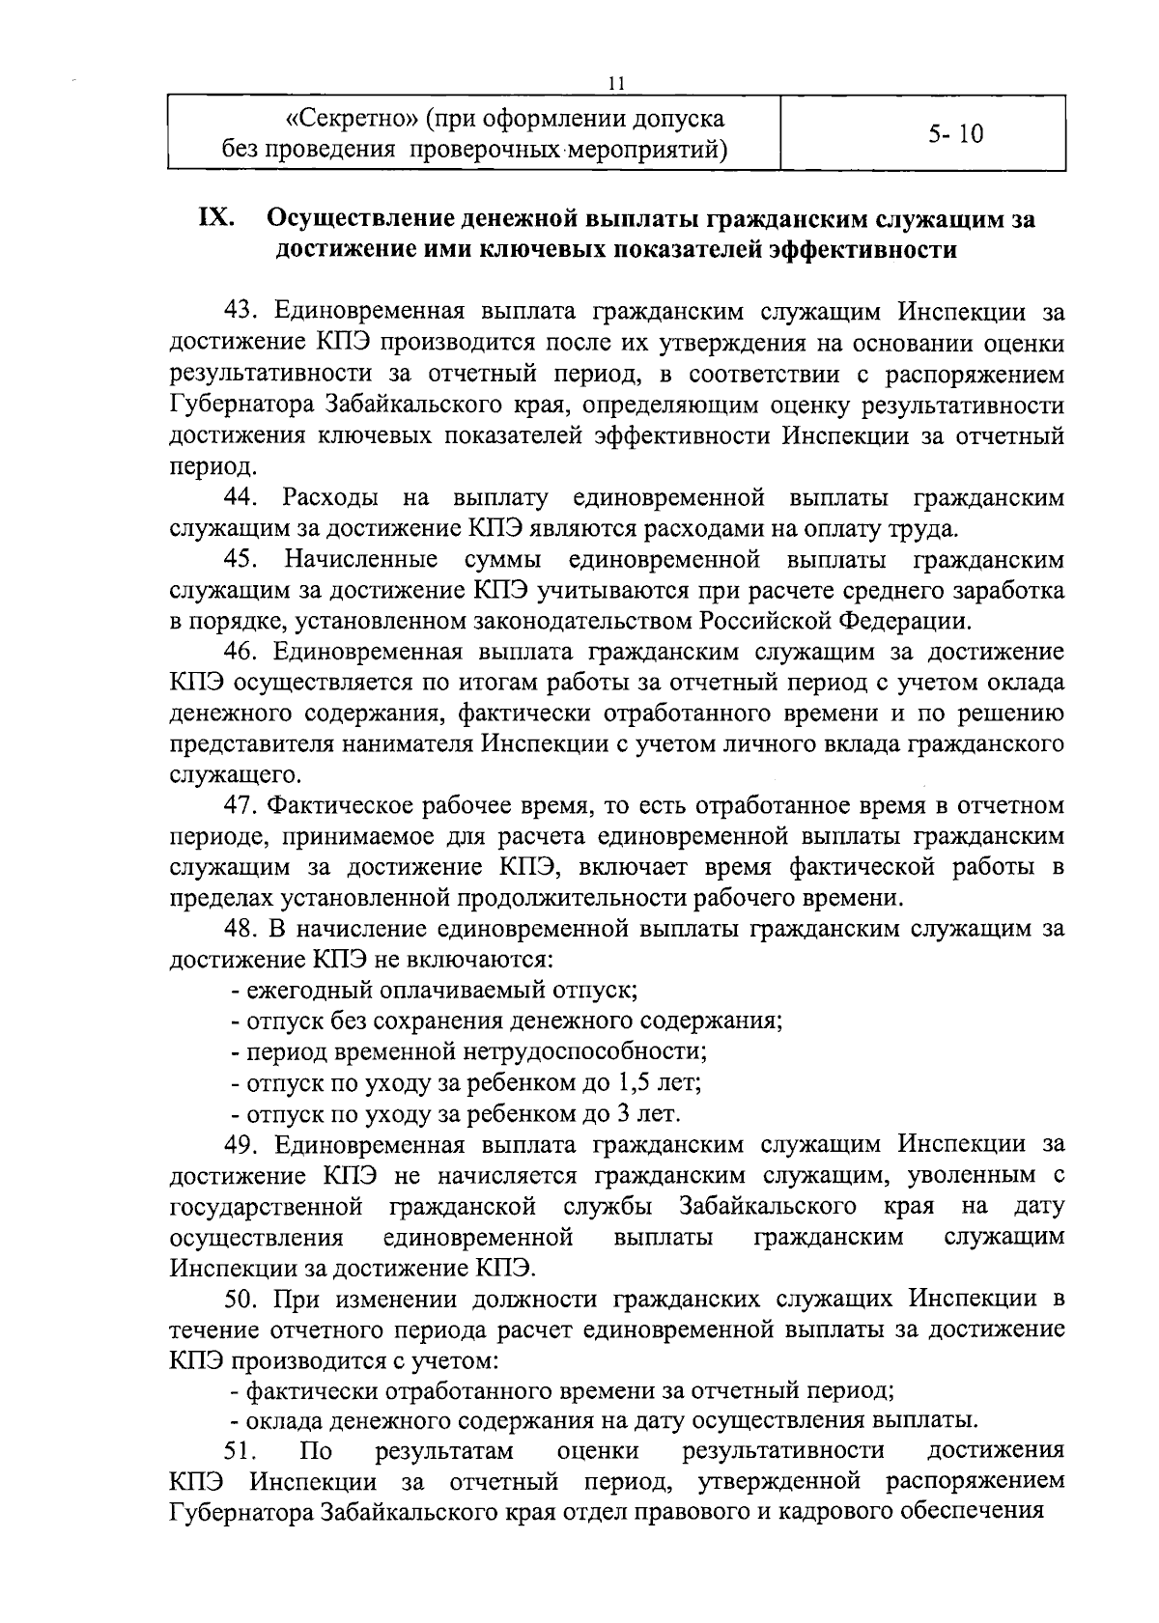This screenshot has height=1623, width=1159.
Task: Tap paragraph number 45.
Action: (x=241, y=559)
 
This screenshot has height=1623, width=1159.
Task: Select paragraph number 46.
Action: (x=241, y=652)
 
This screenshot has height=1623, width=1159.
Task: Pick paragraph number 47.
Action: (x=241, y=805)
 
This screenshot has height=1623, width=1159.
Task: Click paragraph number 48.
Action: (x=241, y=929)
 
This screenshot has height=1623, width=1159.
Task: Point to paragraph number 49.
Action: (x=241, y=1144)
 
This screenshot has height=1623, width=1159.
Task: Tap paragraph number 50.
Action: (x=241, y=1299)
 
